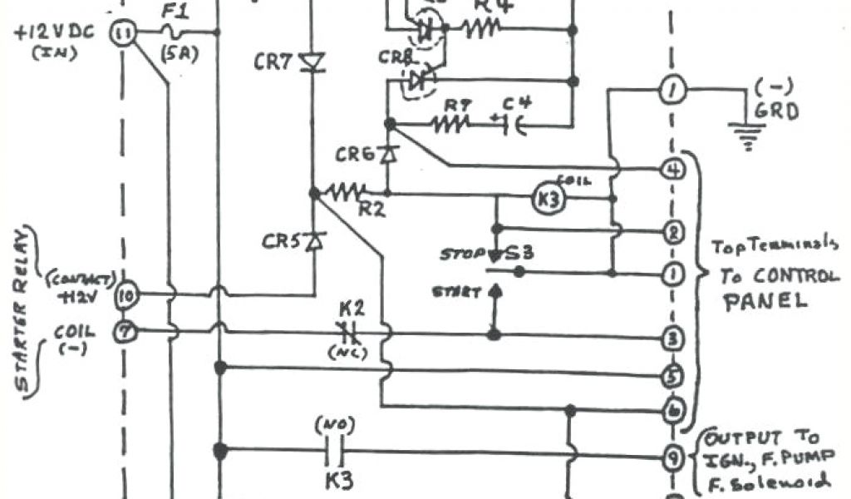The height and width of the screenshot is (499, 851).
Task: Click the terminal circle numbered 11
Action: tap(124, 33)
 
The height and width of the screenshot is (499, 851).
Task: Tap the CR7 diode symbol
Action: tap(312, 62)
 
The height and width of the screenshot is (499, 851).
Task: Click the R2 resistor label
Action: tap(371, 210)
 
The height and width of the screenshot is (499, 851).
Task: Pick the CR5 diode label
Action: tap(280, 242)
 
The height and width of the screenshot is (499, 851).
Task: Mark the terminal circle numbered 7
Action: tap(126, 330)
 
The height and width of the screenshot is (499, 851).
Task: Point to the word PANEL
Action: tap(765, 300)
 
